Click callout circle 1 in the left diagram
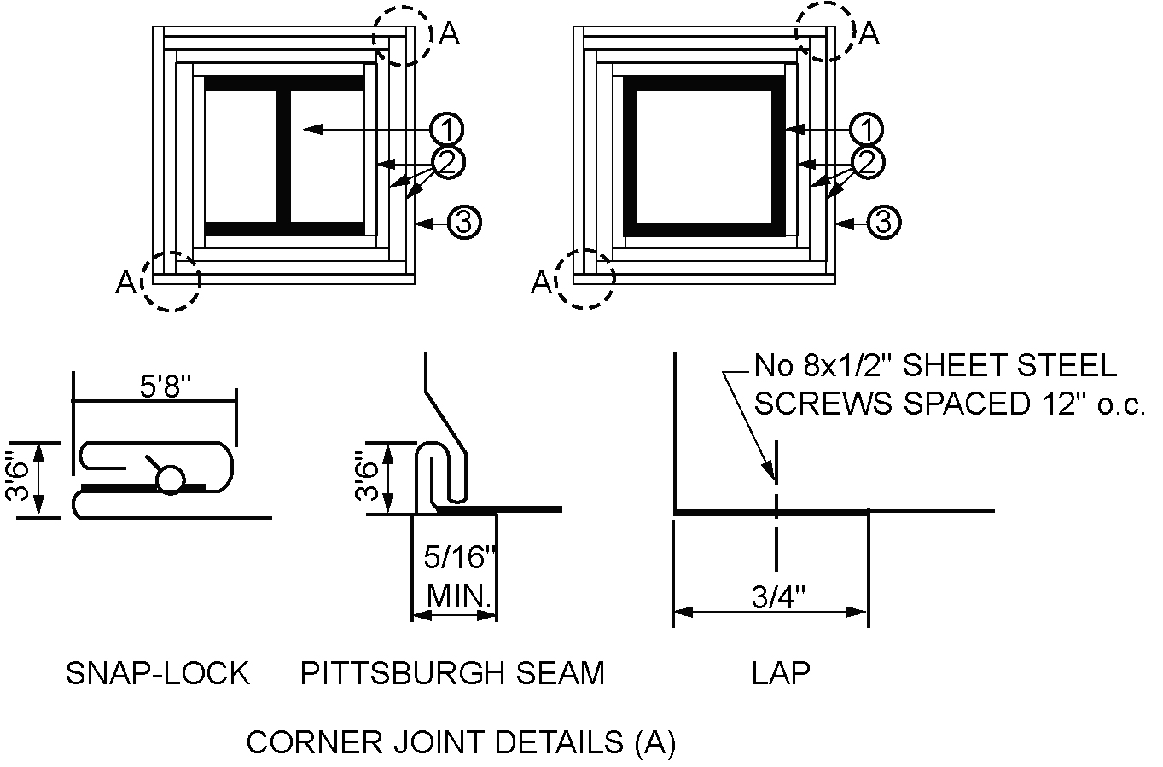pyautogui.click(x=446, y=130)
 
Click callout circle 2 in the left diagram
pyautogui.click(x=448, y=161)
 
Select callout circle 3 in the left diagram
pyautogui.click(x=464, y=223)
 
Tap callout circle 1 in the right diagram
pyautogui.click(x=867, y=130)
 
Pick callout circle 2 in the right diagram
pyautogui.click(x=867, y=161)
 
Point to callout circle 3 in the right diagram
pyautogui.click(x=885, y=223)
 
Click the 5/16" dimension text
pyautogui.click(x=459, y=559)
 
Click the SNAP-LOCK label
pyautogui.click(x=158, y=673)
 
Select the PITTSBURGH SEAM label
pyautogui.click(x=452, y=673)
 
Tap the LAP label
pyautogui.click(x=781, y=673)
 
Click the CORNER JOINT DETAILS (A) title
pyautogui.click(x=461, y=742)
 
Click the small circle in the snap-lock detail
pyautogui.click(x=170, y=480)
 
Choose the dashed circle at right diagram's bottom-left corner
pyautogui.click(x=584, y=279)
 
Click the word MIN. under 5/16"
pyautogui.click(x=459, y=595)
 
